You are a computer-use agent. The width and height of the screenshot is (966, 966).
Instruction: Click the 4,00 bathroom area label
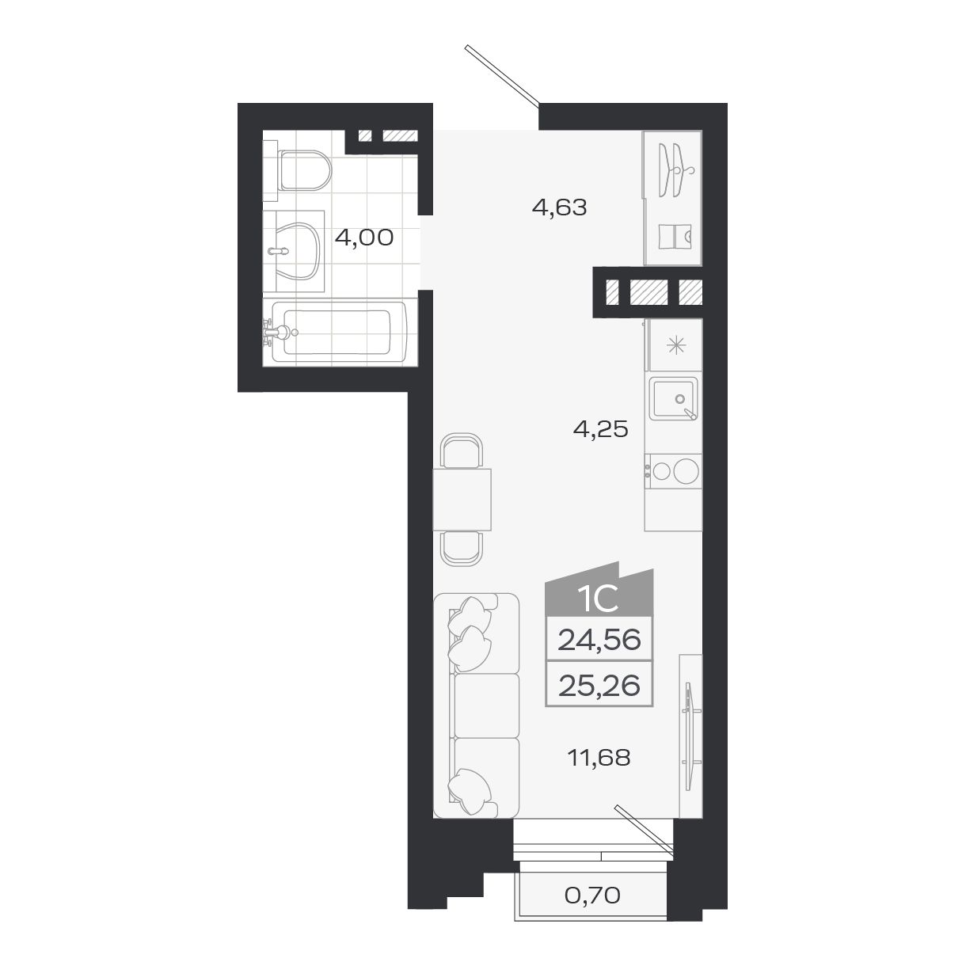363,237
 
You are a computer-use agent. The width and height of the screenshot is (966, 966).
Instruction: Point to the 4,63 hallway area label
559,208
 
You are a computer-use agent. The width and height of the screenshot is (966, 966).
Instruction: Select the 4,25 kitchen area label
600,429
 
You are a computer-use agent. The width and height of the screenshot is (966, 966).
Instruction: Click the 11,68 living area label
599,758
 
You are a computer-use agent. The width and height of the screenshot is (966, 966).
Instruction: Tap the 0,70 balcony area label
591,896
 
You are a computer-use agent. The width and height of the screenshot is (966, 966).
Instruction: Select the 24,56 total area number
599,639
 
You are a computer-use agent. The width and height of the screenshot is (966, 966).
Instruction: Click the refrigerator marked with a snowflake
675,344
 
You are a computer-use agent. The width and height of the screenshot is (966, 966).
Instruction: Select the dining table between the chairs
462,500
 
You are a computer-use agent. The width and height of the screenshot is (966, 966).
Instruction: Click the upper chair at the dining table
462,451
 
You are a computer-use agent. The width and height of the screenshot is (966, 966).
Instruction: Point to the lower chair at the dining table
462,548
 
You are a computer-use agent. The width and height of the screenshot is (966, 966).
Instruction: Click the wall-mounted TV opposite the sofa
690,732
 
